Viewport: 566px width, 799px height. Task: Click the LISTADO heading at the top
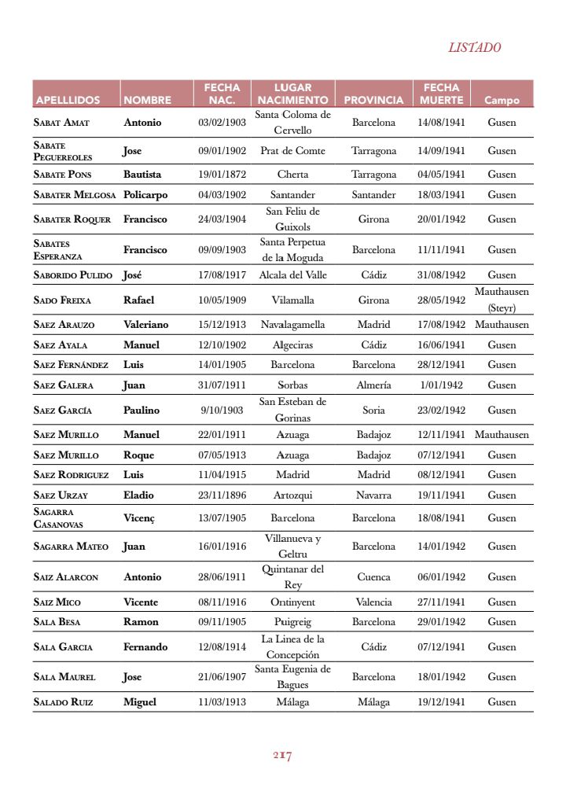click(474, 47)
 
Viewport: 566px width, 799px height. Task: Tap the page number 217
click(282, 756)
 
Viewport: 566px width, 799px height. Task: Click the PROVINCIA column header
click(373, 101)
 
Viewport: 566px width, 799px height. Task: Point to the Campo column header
click(502, 101)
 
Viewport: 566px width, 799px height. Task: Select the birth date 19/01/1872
click(222, 175)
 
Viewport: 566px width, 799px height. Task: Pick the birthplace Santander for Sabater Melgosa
click(292, 195)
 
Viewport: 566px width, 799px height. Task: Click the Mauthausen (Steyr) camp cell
click(502, 300)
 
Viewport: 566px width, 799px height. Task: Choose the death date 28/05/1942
click(441, 300)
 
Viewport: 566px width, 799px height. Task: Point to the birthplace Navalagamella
click(292, 325)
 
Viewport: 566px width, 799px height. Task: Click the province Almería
click(373, 385)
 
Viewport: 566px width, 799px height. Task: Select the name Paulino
click(141, 411)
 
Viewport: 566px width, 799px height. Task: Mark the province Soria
click(373, 411)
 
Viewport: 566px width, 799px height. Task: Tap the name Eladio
click(138, 495)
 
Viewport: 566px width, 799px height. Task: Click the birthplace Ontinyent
click(292, 602)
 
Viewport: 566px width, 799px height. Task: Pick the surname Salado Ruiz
click(63, 702)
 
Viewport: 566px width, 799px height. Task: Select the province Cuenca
click(373, 577)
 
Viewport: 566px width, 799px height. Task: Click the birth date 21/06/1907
click(222, 677)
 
